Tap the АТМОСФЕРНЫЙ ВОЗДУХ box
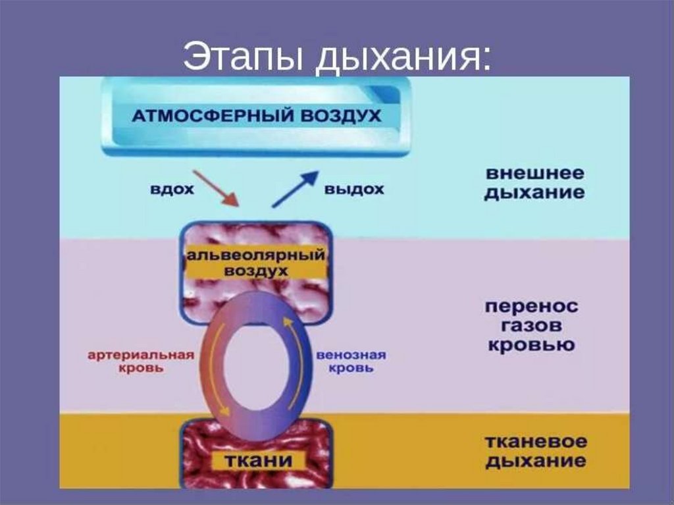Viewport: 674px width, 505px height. (x=257, y=117)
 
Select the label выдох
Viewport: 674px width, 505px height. (x=354, y=190)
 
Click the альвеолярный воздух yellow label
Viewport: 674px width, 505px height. (x=257, y=263)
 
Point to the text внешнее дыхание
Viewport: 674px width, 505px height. (x=534, y=184)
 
